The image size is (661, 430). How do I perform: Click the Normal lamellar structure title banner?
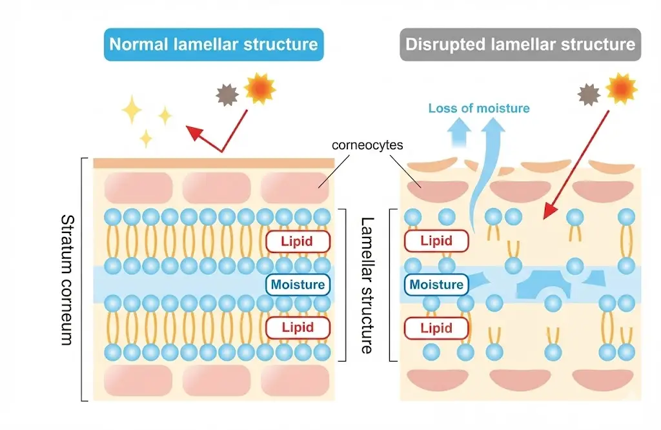coord(214,45)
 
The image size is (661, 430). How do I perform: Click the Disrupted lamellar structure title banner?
coord(520,45)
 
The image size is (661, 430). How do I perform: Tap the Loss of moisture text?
coord(478,108)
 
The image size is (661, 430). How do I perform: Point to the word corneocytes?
coord(367,145)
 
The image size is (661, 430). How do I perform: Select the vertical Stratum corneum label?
coord(66,280)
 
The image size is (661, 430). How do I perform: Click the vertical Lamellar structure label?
coord(367,285)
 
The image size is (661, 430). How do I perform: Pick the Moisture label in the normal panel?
coord(298,284)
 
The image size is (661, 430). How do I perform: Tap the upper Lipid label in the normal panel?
coord(297,241)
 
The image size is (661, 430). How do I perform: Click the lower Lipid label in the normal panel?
coord(297,327)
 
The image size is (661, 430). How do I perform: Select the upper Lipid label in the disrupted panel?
coord(436,241)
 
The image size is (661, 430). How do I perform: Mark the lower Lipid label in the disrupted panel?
coord(436,327)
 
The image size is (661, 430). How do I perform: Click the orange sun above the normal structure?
coord(260,88)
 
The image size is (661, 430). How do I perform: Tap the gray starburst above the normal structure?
coord(228,96)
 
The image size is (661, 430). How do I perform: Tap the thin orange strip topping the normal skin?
coord(213,163)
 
